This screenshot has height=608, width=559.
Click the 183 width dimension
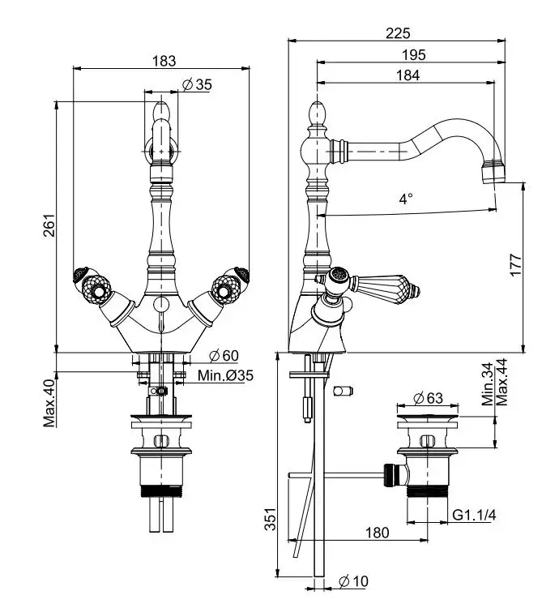pos(164,61)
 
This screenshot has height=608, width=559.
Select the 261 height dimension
pos(49,225)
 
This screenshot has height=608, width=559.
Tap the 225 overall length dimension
pos(398,33)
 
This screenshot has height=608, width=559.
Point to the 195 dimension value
pos(413,54)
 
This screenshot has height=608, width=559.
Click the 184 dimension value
pos(408,75)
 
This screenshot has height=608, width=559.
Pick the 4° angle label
pos(406,199)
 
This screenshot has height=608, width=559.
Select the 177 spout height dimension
pos(515,265)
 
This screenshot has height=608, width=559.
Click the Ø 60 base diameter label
pos(224,355)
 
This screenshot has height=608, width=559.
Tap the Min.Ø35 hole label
pos(225,375)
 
